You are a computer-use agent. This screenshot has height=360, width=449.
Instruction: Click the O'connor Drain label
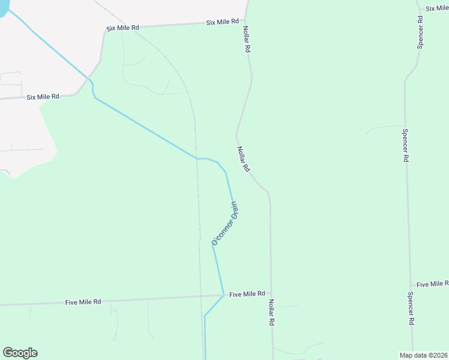point(226,224)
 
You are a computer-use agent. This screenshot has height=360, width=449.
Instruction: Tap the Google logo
point(20,353)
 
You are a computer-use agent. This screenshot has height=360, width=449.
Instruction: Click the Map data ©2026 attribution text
point(423,355)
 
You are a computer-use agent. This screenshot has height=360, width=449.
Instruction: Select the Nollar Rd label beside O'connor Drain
point(243,160)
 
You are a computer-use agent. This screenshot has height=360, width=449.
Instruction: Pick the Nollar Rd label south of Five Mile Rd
point(271,313)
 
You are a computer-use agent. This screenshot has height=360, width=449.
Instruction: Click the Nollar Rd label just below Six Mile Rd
point(246,39)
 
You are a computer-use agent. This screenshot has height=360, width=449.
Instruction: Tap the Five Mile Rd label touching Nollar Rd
point(247,294)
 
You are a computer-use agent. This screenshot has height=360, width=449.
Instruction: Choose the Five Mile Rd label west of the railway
point(83,302)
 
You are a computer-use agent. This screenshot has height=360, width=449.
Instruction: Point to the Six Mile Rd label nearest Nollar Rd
point(222,22)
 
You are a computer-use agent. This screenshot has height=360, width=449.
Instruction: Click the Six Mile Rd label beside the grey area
point(43,97)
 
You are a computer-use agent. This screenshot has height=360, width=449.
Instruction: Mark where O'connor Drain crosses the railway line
point(196,158)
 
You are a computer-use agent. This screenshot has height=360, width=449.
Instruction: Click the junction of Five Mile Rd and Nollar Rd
point(271,293)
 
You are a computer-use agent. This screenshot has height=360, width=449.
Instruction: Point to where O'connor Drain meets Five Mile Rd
point(224,295)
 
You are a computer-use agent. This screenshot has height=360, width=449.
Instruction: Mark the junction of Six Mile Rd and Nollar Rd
point(246,22)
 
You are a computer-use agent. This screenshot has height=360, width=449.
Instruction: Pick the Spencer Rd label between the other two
point(406,146)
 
